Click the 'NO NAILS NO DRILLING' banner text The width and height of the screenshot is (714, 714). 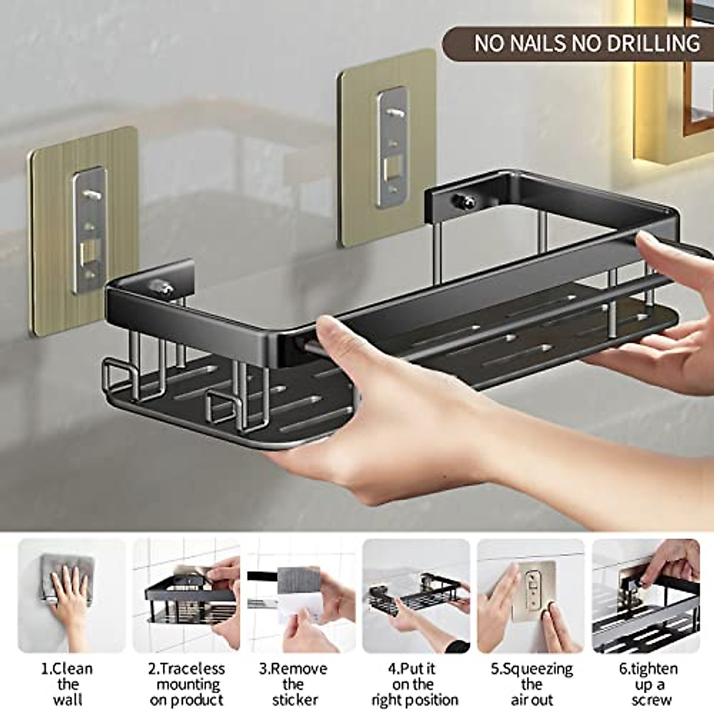(586, 43)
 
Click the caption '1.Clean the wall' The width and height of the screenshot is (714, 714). (67, 684)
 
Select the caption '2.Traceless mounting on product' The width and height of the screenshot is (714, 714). (186, 684)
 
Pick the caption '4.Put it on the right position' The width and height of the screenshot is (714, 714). (415, 684)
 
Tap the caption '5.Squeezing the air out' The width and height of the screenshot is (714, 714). (531, 684)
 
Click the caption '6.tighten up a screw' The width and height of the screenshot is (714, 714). (648, 684)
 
